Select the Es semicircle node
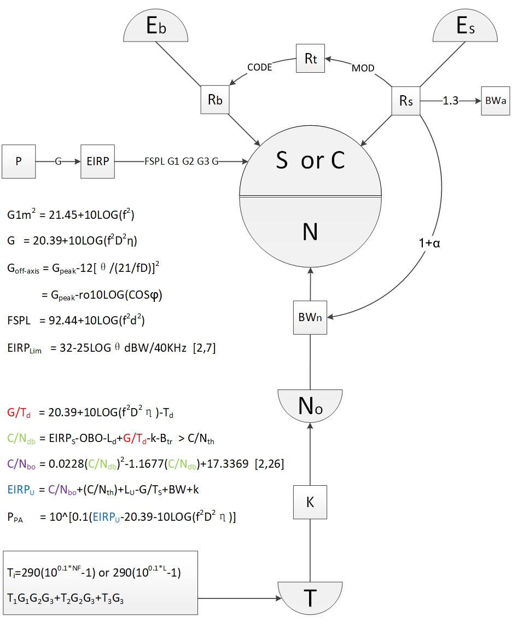pyautogui.click(x=466, y=27)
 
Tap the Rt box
pyautogui.click(x=310, y=59)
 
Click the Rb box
pyautogui.click(x=214, y=100)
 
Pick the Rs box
pyautogui.click(x=406, y=101)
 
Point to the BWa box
pyautogui.click(x=496, y=101)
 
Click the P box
pyautogui.click(x=18, y=161)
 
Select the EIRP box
pyautogui.click(x=98, y=161)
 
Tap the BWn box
pyautogui.click(x=310, y=317)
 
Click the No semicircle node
pyautogui.click(x=310, y=404)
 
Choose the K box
pyautogui.click(x=310, y=501)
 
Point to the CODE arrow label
pyautogui.click(x=259, y=68)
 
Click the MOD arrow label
pyautogui.click(x=363, y=68)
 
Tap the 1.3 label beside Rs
pyautogui.click(x=450, y=101)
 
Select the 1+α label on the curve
pyautogui.click(x=430, y=243)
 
